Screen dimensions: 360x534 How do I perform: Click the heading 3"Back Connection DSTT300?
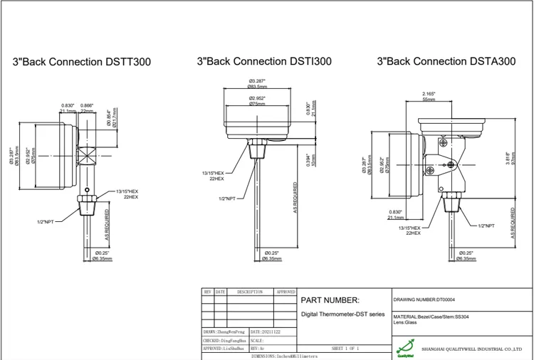81,62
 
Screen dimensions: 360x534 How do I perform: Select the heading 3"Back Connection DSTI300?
263,62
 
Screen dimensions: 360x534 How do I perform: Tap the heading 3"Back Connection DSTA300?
446,62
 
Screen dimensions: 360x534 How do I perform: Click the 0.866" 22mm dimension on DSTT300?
87,108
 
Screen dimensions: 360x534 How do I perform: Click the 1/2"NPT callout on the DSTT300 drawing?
46,222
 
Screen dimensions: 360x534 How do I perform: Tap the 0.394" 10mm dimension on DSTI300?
310,159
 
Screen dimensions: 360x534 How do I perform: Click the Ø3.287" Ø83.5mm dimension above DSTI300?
258,83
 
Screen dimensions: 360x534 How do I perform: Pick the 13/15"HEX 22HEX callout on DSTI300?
213,176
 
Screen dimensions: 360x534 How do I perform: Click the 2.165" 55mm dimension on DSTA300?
429,97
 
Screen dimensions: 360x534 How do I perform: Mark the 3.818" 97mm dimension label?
508,158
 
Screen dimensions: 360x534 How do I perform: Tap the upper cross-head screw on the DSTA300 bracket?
444,143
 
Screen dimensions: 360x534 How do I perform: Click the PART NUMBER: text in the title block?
330,300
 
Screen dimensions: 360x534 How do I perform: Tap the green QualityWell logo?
405,349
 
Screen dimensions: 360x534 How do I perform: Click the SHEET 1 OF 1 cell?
345,349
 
